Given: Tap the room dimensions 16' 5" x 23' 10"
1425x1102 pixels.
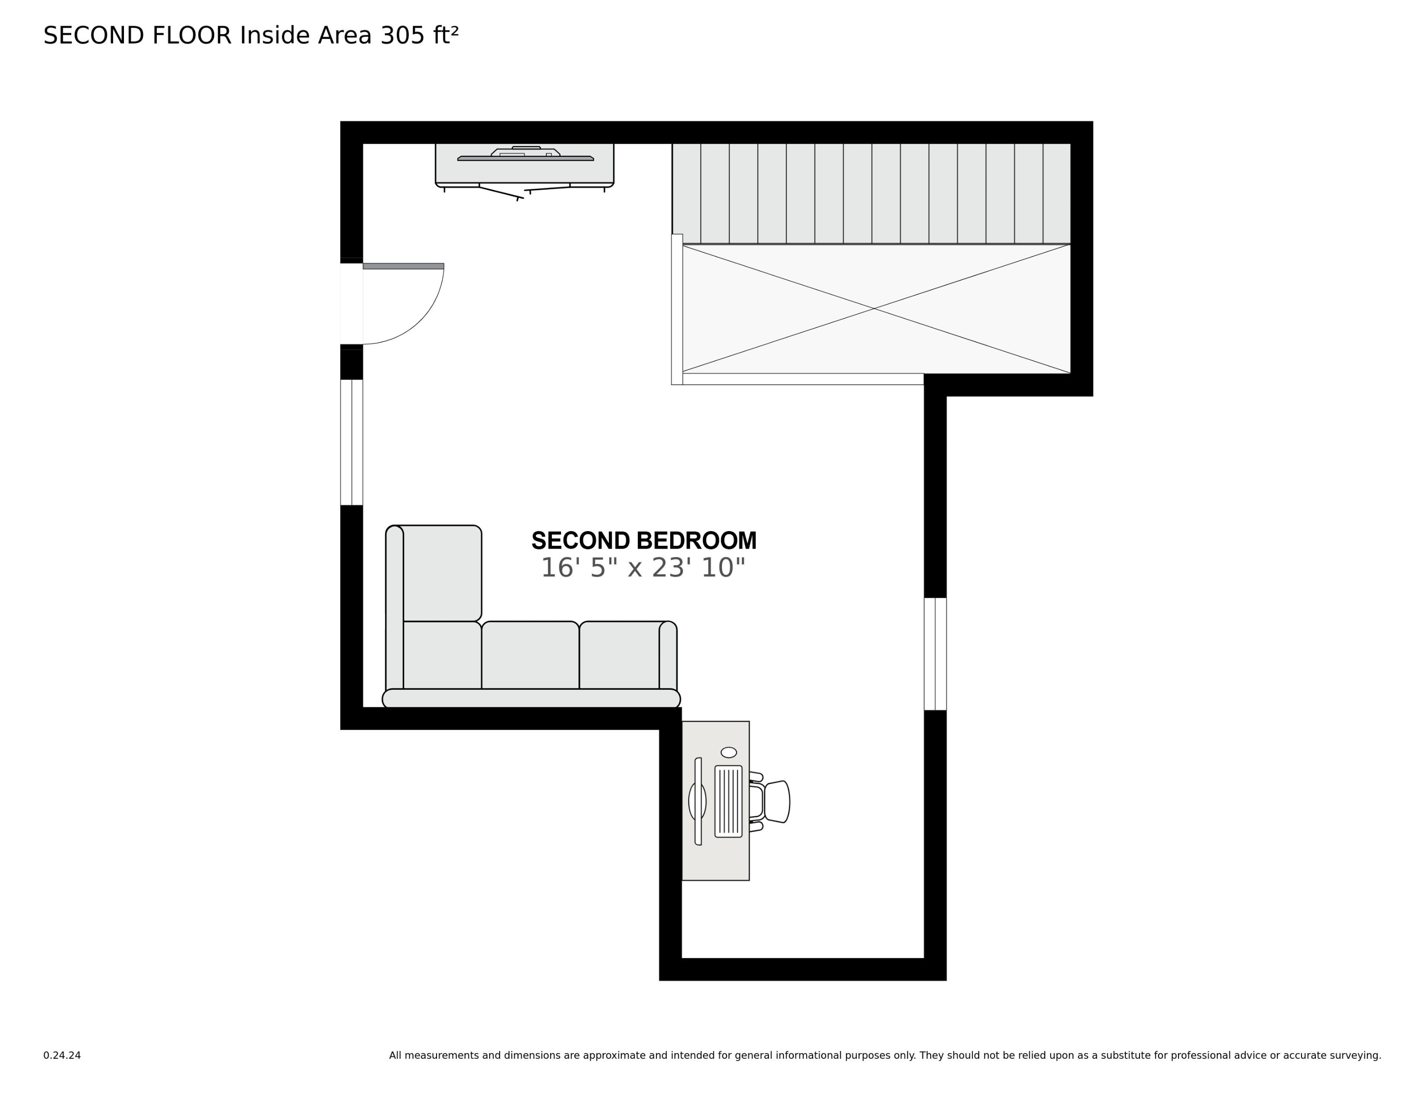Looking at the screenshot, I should tap(643, 568).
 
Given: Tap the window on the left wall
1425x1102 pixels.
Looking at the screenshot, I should tap(351, 442).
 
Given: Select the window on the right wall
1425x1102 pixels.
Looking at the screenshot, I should tap(935, 654).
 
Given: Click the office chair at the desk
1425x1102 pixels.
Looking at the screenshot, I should tap(773, 802).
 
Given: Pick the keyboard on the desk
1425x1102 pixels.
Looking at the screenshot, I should tap(728, 801).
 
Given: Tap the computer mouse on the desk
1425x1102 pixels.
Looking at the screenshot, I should tap(729, 753).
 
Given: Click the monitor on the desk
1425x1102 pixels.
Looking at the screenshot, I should tap(697, 801).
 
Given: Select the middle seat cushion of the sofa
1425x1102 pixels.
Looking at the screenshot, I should tap(530, 655).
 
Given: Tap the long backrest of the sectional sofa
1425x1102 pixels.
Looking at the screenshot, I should tap(531, 698).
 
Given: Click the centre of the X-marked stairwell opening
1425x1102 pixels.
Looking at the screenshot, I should tap(874, 308).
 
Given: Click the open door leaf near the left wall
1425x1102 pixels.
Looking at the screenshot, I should tap(403, 266).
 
